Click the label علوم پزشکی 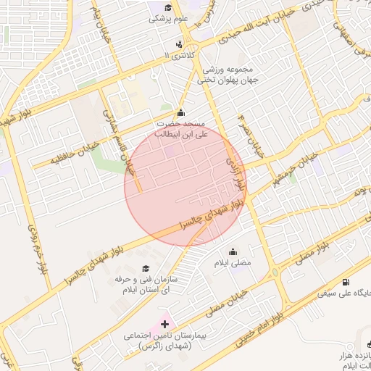164,19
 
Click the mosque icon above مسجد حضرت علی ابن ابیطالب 180,112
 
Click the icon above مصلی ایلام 231,251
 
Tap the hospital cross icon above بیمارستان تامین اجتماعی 164,324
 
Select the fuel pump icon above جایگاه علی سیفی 345,282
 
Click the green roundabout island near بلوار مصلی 276,273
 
